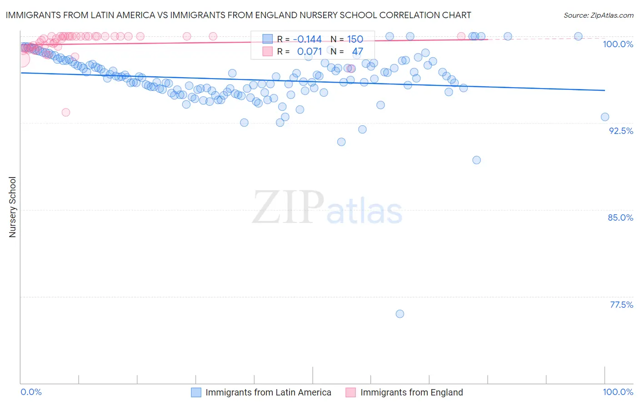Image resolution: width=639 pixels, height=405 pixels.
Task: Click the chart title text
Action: [238, 15]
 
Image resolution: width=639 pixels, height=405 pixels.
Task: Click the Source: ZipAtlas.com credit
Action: [598, 15]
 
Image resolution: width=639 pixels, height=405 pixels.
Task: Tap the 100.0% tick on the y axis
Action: [618, 44]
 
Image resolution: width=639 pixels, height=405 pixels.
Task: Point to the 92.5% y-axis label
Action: [621, 131]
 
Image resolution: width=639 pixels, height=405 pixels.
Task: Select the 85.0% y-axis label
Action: [620, 217]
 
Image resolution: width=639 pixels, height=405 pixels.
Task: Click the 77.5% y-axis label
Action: [621, 305]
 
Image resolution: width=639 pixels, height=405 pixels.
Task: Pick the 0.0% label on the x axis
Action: [31, 392]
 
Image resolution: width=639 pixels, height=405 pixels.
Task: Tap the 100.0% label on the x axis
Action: [618, 392]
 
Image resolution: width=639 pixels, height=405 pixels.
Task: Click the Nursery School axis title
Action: [12, 207]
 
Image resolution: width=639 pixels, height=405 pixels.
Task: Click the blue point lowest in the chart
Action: [400, 314]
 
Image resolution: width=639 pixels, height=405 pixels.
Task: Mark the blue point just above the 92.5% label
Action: [605, 117]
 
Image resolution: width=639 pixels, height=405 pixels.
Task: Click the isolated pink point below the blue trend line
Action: [66, 112]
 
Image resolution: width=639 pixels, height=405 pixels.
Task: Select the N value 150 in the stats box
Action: [355, 40]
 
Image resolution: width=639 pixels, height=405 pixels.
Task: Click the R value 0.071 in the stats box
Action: [309, 51]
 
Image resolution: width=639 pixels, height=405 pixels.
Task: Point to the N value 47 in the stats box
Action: [357, 51]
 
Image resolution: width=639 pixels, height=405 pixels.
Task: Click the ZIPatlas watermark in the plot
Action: [327, 208]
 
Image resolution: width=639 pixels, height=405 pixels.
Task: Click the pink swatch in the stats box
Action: [268, 51]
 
